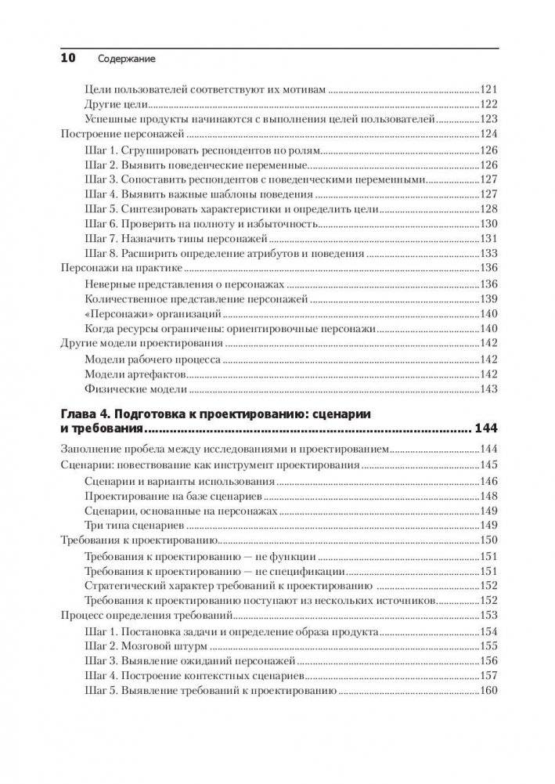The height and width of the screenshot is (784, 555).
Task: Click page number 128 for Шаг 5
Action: click(x=488, y=209)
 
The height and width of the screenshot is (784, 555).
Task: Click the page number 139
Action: click(x=488, y=299)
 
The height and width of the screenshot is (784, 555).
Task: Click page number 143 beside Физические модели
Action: click(x=488, y=389)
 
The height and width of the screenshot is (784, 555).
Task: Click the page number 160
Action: click(x=488, y=691)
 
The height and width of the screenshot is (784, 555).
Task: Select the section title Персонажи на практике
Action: click(x=115, y=269)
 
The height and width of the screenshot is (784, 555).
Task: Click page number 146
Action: click(x=488, y=481)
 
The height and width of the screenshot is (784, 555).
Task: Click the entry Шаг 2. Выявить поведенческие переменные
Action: click(x=193, y=164)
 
